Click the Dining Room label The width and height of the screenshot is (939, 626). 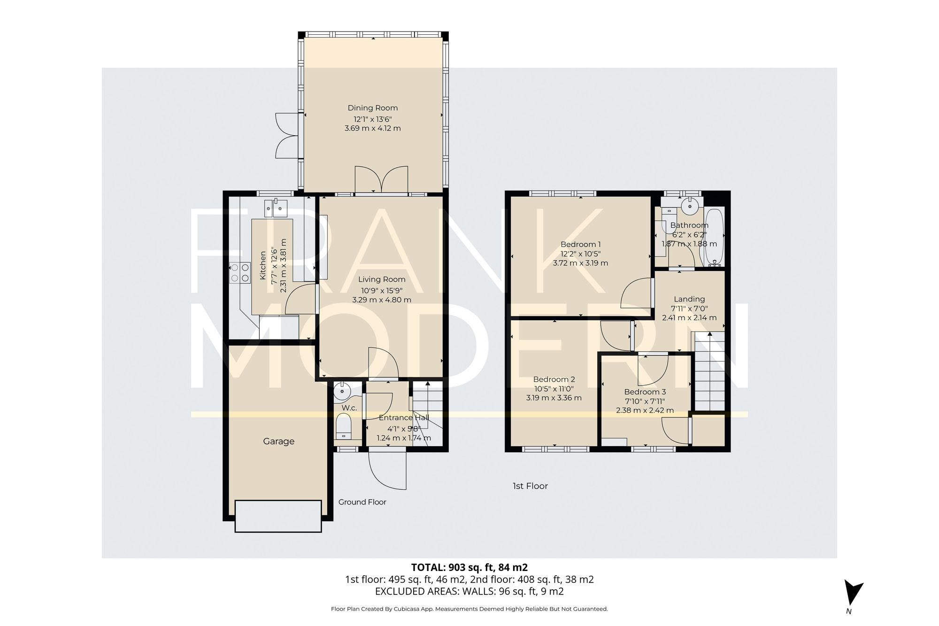pyautogui.click(x=372, y=108)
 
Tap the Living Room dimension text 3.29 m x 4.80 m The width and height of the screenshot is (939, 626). pyautogui.click(x=381, y=300)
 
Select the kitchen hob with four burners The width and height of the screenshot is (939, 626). pyautogui.click(x=239, y=273)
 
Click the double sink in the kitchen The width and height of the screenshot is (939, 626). pyautogui.click(x=276, y=208)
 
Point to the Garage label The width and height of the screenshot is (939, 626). pyautogui.click(x=278, y=441)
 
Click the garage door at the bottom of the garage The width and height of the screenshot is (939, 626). pyautogui.click(x=278, y=516)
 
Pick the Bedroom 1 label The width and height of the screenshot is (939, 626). pyautogui.click(x=580, y=244)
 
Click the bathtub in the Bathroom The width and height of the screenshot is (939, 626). pyautogui.click(x=712, y=238)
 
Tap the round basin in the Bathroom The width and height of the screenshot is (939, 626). pyautogui.click(x=689, y=205)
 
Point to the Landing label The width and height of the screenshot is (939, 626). pyautogui.click(x=689, y=299)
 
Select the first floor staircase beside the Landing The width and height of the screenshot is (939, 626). pyautogui.click(x=709, y=371)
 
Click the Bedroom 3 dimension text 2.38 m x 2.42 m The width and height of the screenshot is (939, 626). pyautogui.click(x=645, y=410)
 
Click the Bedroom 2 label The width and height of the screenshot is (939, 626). pyautogui.click(x=554, y=379)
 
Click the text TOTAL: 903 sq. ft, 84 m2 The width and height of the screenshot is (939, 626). pyautogui.click(x=469, y=567)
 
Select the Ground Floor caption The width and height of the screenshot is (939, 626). pyautogui.click(x=362, y=502)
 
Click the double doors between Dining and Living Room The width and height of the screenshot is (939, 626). pyautogui.click(x=381, y=179)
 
